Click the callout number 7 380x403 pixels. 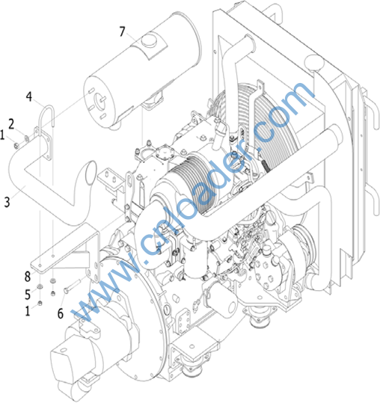(122, 31)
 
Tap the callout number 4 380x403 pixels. (29, 96)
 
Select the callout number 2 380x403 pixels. (11, 124)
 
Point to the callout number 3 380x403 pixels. (7, 202)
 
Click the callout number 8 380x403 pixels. (28, 277)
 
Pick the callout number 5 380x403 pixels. (28, 295)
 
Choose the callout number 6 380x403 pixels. (60, 313)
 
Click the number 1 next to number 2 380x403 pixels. (2, 135)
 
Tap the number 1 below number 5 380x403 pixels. (28, 311)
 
